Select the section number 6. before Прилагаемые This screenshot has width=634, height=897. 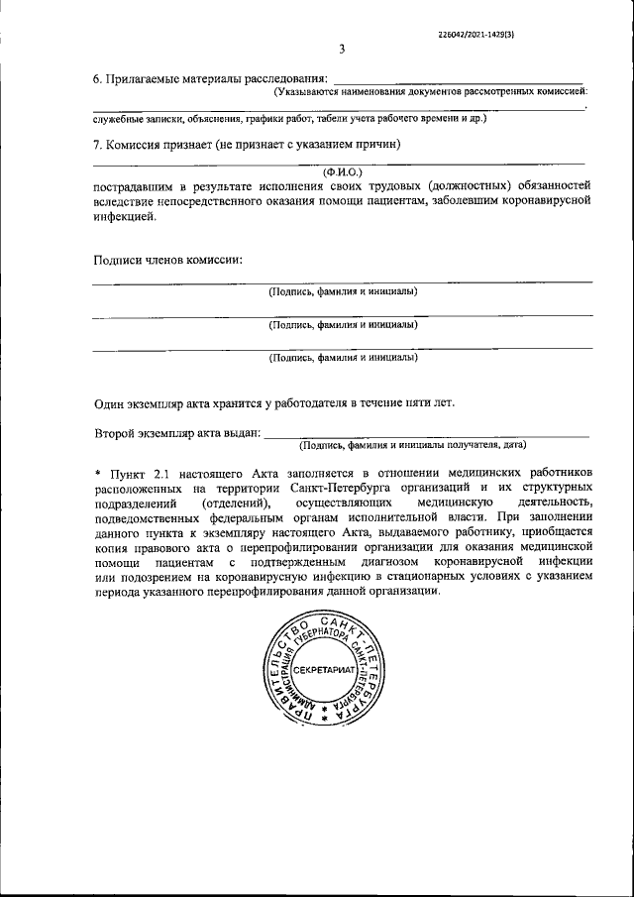[98, 78]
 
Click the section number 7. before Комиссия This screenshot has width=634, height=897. [98, 145]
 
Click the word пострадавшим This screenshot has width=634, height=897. [135, 185]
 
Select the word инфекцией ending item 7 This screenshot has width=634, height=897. [125, 214]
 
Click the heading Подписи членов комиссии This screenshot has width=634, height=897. [167, 261]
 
